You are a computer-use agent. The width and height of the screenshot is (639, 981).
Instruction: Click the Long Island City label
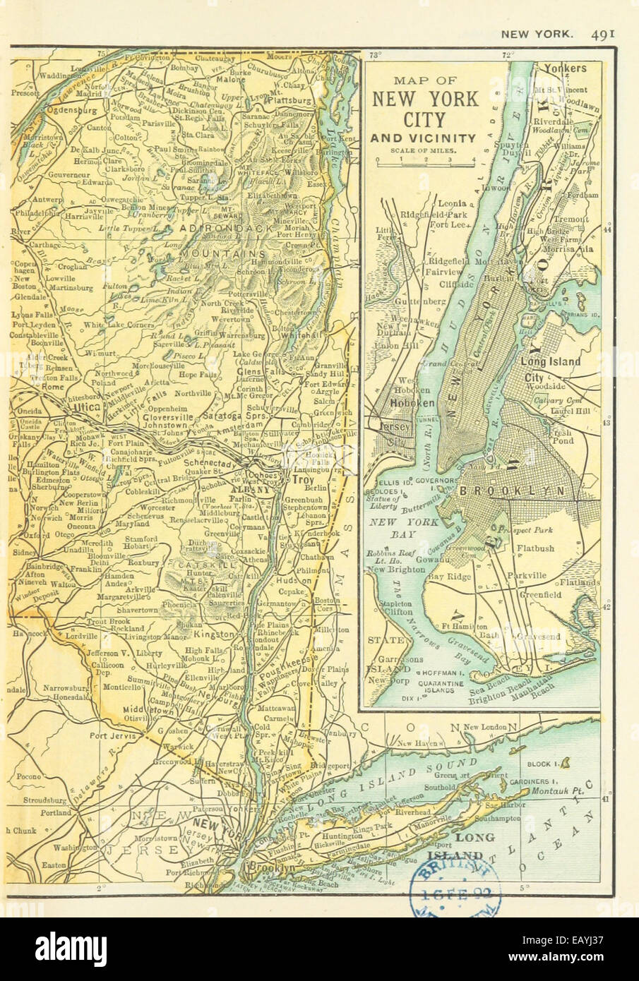tap(550, 368)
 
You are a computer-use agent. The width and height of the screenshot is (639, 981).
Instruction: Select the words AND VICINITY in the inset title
tap(424, 138)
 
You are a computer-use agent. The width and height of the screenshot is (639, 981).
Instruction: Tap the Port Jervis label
tap(109, 735)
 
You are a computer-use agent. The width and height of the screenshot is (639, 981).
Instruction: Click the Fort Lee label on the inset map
tap(446, 226)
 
